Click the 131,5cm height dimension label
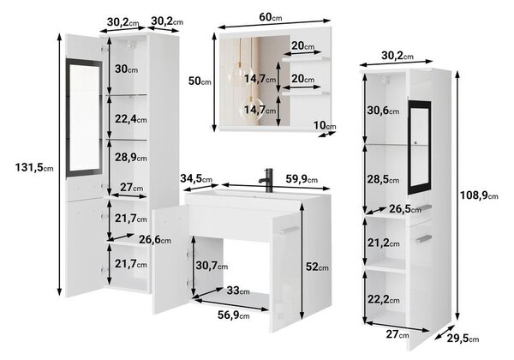34,167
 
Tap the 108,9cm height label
479,195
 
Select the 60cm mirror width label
271,17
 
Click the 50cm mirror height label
200,81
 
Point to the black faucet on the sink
266,180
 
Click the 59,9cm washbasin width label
302,179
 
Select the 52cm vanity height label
317,267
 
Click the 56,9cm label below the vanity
234,315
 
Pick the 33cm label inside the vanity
238,291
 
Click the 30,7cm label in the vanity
212,266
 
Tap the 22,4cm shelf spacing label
131,119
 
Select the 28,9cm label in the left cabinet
131,158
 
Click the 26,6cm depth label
155,240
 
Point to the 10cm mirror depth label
325,125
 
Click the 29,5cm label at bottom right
463,339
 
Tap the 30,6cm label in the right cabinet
383,111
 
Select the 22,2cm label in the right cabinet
384,299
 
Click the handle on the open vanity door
290,230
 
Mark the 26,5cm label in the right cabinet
405,209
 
